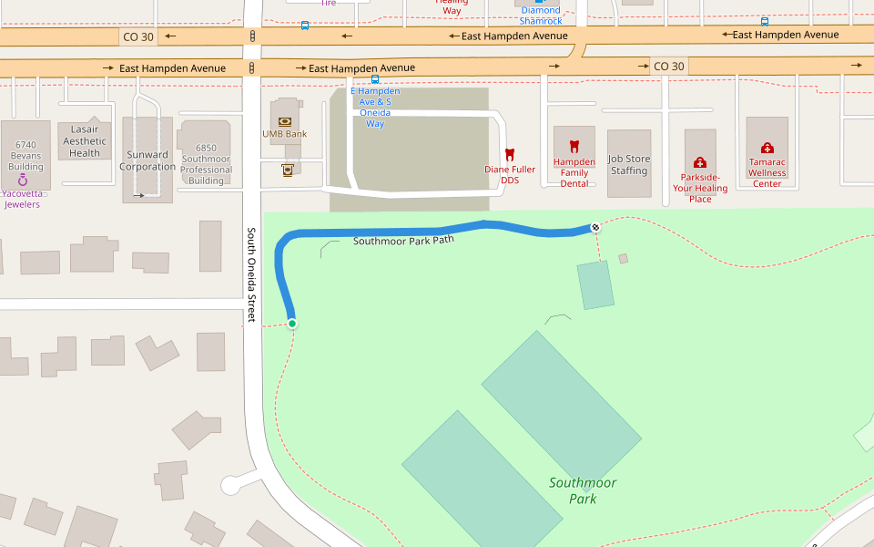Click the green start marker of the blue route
point(292,324)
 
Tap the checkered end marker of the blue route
point(595,227)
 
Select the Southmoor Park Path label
point(402,242)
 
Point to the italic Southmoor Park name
point(583,490)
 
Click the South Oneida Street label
point(252,274)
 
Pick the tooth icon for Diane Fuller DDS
point(510,155)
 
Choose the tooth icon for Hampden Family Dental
point(574,146)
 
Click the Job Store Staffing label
point(629,165)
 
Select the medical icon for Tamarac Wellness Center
point(767,148)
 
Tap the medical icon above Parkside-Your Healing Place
point(699,162)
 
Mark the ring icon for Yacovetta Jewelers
point(23,181)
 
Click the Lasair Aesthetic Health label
point(85,141)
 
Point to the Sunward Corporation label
point(147,160)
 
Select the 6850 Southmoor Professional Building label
point(206,164)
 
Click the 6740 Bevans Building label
point(25,156)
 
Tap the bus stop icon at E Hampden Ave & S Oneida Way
point(375,79)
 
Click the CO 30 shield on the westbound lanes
point(138,36)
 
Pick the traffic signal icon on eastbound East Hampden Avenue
point(252,68)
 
